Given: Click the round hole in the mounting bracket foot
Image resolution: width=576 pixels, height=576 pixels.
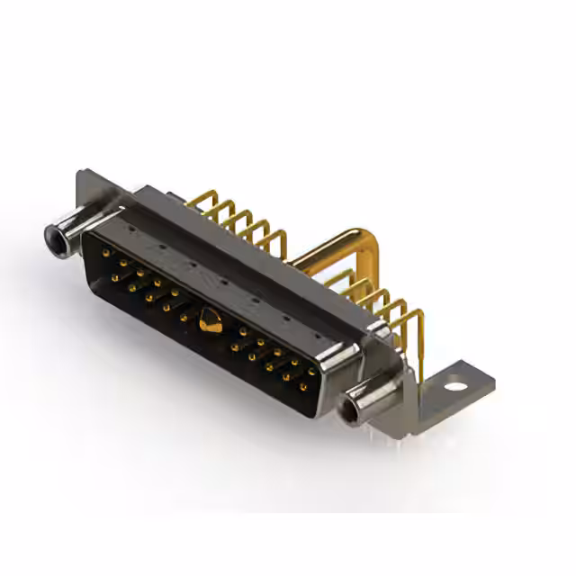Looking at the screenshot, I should click(x=456, y=387).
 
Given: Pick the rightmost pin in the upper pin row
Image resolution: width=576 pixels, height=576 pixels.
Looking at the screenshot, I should click(x=311, y=371).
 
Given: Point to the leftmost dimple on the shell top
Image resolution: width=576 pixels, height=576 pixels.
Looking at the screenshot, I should click(x=129, y=229).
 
